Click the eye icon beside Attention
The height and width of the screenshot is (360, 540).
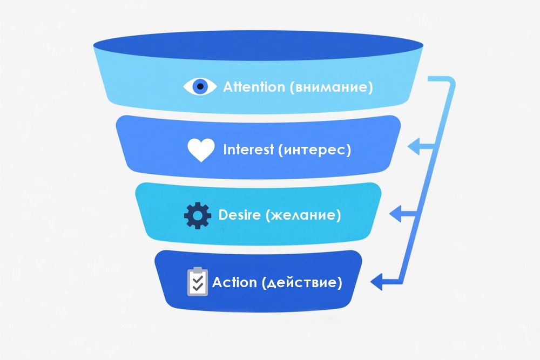[200, 86]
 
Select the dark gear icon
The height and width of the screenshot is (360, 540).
[197, 216]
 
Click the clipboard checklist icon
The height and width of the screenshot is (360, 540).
[197, 282]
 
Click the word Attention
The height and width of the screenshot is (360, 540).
[253, 86]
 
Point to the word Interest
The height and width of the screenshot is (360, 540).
[248, 150]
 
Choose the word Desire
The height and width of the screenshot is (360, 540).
[239, 215]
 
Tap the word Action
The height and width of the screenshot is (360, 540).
[234, 282]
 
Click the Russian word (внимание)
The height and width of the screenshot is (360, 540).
[330, 87]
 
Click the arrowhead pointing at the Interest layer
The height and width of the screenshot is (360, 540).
[414, 146]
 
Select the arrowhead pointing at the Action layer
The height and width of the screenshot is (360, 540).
[376, 281]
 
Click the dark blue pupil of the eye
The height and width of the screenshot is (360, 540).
[200, 86]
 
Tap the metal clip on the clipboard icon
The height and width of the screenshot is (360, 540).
[197, 269]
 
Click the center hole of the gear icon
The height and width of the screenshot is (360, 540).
[197, 216]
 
